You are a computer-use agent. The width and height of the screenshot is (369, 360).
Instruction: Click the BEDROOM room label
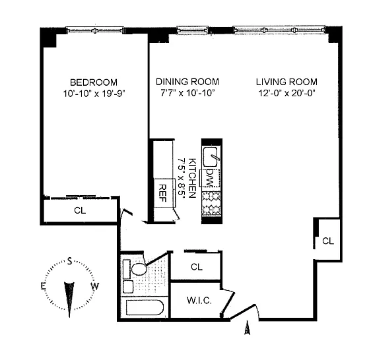[x=94, y=82]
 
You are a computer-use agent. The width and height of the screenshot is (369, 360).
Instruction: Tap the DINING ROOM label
[x=187, y=82]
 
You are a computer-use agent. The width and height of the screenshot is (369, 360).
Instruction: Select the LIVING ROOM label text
[x=286, y=82]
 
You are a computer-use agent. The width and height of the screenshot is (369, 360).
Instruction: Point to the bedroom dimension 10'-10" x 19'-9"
[x=94, y=94]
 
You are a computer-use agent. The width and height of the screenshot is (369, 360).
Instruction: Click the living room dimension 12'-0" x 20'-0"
[x=286, y=93]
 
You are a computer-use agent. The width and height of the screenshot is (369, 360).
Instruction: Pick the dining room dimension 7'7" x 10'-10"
[x=187, y=93]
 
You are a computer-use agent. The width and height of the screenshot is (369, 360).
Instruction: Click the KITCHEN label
[x=193, y=178]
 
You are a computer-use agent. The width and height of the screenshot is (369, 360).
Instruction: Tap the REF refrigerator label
[x=163, y=193]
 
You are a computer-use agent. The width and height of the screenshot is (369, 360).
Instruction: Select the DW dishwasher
[x=211, y=178]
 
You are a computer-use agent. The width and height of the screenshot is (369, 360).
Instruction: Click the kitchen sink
[x=211, y=157]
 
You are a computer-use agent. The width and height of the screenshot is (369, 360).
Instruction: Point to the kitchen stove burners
[x=211, y=204]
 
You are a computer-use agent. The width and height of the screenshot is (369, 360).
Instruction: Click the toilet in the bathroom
[x=139, y=269]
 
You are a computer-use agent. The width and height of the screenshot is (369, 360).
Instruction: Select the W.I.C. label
[x=199, y=300]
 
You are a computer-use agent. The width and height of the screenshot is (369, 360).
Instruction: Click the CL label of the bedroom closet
[x=80, y=210]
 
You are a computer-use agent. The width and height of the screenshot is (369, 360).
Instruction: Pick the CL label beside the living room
[x=328, y=241]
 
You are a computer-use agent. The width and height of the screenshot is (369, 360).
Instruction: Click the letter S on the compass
[x=69, y=261]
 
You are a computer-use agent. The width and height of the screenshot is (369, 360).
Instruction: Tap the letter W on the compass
[x=95, y=286]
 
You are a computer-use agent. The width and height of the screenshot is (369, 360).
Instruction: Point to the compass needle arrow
[x=69, y=299]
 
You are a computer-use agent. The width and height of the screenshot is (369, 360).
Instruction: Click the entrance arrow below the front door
[x=247, y=327]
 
